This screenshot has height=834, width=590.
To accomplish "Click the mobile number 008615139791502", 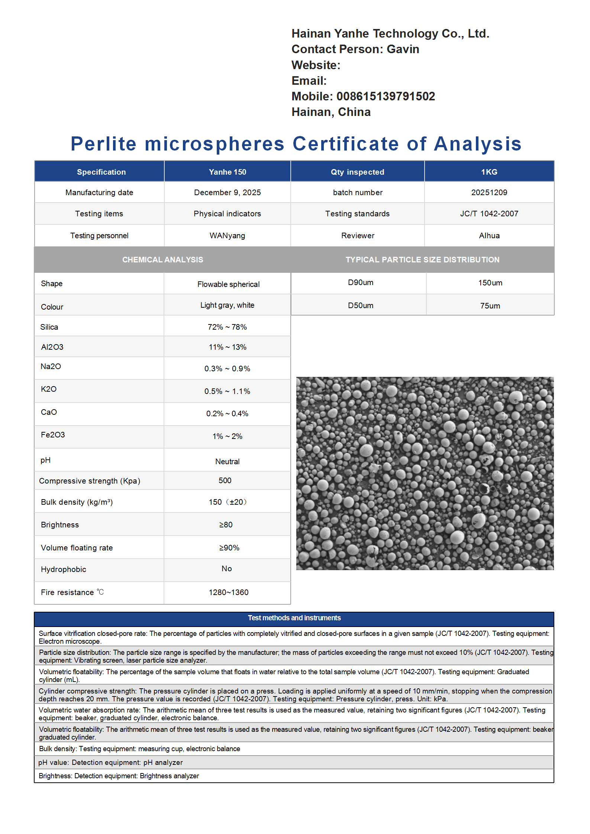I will click(386, 96).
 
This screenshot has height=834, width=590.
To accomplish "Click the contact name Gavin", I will click(403, 49).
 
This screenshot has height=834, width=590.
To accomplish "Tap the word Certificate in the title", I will click(345, 144).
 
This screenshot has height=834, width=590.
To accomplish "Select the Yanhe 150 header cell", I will click(228, 172).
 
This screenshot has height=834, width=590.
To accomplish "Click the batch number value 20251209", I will click(489, 193).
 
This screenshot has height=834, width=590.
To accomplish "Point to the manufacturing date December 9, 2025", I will click(228, 193).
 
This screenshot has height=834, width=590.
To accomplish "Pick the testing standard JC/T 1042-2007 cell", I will click(489, 214).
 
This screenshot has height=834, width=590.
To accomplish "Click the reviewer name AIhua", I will click(489, 236).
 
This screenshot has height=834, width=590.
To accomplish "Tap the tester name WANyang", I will click(228, 236).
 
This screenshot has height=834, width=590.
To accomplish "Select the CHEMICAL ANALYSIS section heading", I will click(162, 260).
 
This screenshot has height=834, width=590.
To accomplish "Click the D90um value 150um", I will click(490, 283).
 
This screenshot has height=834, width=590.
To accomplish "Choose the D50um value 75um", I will click(490, 306).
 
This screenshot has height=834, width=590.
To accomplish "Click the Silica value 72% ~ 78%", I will click(227, 327).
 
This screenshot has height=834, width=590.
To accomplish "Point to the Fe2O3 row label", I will click(53, 435).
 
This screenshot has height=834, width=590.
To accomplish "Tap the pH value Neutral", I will click(227, 462).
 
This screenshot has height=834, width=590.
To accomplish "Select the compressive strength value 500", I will click(225, 481).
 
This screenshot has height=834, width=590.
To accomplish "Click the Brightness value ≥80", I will click(226, 525).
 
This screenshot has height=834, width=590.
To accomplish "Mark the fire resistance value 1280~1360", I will click(228, 592).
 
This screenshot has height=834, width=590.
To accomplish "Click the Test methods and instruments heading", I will click(294, 618).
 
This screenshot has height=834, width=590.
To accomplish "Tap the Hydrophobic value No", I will click(226, 569).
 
